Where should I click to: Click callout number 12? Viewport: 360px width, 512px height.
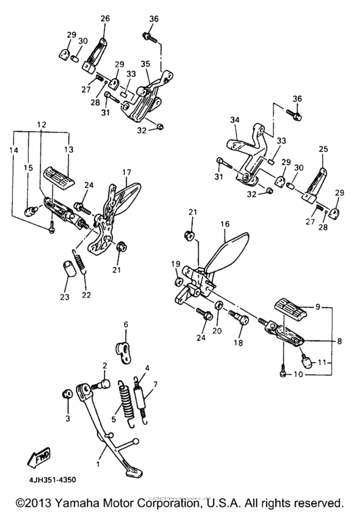pos(41,123)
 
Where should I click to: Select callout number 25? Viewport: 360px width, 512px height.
pos(323,149)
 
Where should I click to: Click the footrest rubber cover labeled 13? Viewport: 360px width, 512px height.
pos(59,175)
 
